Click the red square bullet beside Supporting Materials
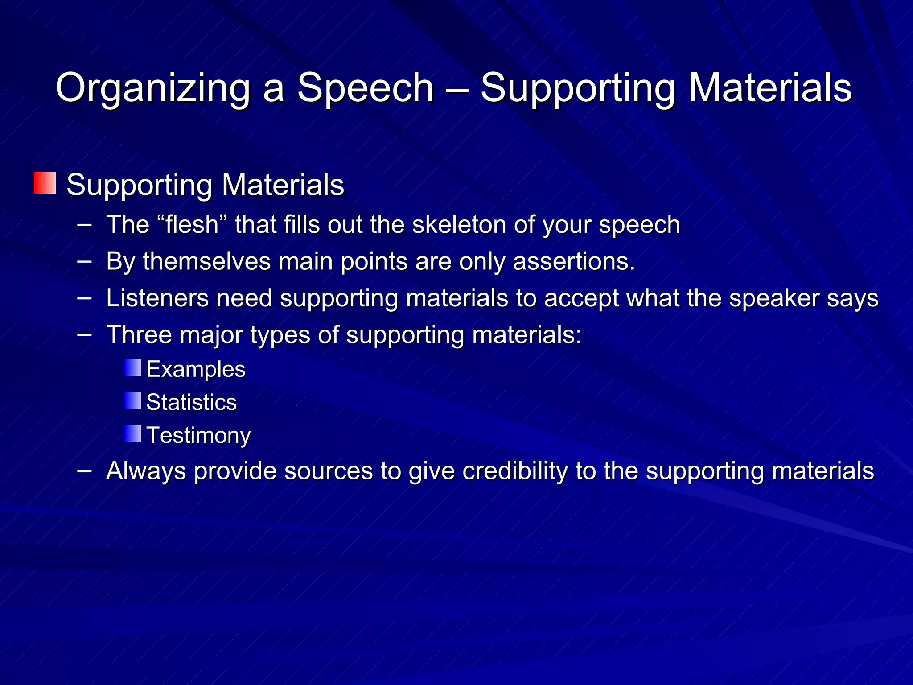(x=45, y=183)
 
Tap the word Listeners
(x=157, y=298)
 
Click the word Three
(x=139, y=334)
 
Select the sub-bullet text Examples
(x=196, y=369)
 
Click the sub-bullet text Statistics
(x=191, y=402)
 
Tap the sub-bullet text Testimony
(x=198, y=435)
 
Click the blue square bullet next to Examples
(x=133, y=367)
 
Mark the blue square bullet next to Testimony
(x=133, y=433)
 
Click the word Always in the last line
(x=146, y=471)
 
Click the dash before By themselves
(x=84, y=261)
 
